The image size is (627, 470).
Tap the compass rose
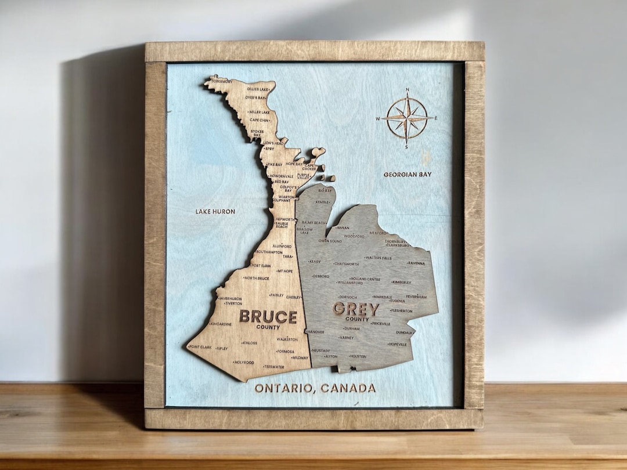pos(407,118)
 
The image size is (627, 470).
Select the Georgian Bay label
pos(408,174)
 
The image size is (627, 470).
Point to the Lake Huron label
pos(215,212)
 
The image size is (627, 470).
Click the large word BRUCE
pos(268,317)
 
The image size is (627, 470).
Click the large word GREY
pos(356,309)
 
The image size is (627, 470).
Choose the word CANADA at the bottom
pos(348,388)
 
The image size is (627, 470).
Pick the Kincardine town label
pos(221,324)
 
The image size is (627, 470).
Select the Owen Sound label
pos(330,241)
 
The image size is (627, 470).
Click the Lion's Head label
pos(273,143)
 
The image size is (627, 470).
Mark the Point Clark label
pos(200,347)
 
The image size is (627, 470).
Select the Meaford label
pos(379,233)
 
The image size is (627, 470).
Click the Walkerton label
pos(287,339)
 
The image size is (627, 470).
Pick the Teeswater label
pos(273,367)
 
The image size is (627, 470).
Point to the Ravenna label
pos(416,263)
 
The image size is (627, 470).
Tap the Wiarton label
pos(286,197)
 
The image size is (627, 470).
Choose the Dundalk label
pos(405,332)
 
